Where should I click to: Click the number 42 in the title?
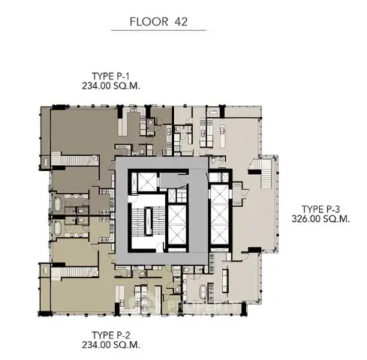(x=181, y=22)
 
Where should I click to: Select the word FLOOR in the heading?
(x=149, y=22)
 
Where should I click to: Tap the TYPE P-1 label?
(x=110, y=76)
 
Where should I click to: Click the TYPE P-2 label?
(x=111, y=335)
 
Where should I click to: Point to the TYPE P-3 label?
(x=320, y=209)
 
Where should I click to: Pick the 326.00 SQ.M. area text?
(x=320, y=219)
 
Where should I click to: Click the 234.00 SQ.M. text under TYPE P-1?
(x=111, y=86)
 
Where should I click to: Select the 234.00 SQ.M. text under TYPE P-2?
(x=111, y=345)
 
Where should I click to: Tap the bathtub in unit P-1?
(x=58, y=204)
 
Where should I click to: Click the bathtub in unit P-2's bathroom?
(x=58, y=228)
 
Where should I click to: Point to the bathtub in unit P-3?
(x=203, y=292)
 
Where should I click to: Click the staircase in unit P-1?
(x=74, y=160)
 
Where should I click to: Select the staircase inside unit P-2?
(x=74, y=272)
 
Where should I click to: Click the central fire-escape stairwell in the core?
(x=148, y=221)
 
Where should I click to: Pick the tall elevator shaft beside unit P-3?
(x=220, y=215)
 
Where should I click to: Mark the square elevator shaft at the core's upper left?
(x=147, y=181)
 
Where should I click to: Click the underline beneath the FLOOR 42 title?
(x=158, y=31)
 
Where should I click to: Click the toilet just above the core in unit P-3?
(x=212, y=161)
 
